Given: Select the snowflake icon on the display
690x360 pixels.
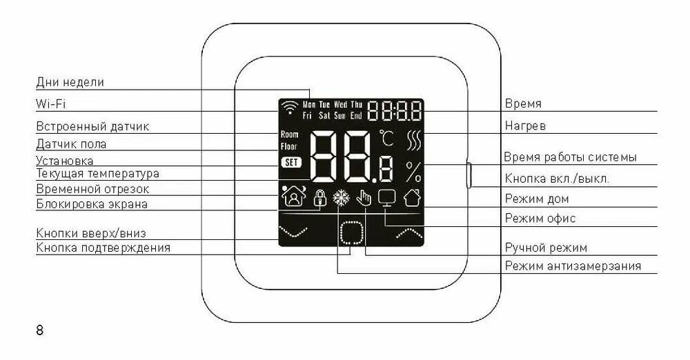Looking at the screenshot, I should pyautogui.click(x=340, y=198).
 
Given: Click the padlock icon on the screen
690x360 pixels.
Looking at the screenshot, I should pyautogui.click(x=319, y=198).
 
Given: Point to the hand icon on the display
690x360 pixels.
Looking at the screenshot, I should pyautogui.click(x=363, y=198).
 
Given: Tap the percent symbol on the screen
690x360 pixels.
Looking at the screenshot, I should pyautogui.click(x=414, y=170).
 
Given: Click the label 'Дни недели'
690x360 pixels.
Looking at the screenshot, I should pyautogui.click(x=70, y=82).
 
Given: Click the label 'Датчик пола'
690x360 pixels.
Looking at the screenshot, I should pyautogui.click(x=71, y=144).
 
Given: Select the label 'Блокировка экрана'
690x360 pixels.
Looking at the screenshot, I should pyautogui.click(x=92, y=204).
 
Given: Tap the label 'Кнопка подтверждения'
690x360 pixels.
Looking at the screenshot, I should pyautogui.click(x=103, y=248).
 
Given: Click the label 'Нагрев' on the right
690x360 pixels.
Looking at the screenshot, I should pyautogui.click(x=525, y=126).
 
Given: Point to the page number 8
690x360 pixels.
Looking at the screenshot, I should pyautogui.click(x=39, y=330).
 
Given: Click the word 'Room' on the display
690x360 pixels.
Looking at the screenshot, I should pyautogui.click(x=290, y=134).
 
